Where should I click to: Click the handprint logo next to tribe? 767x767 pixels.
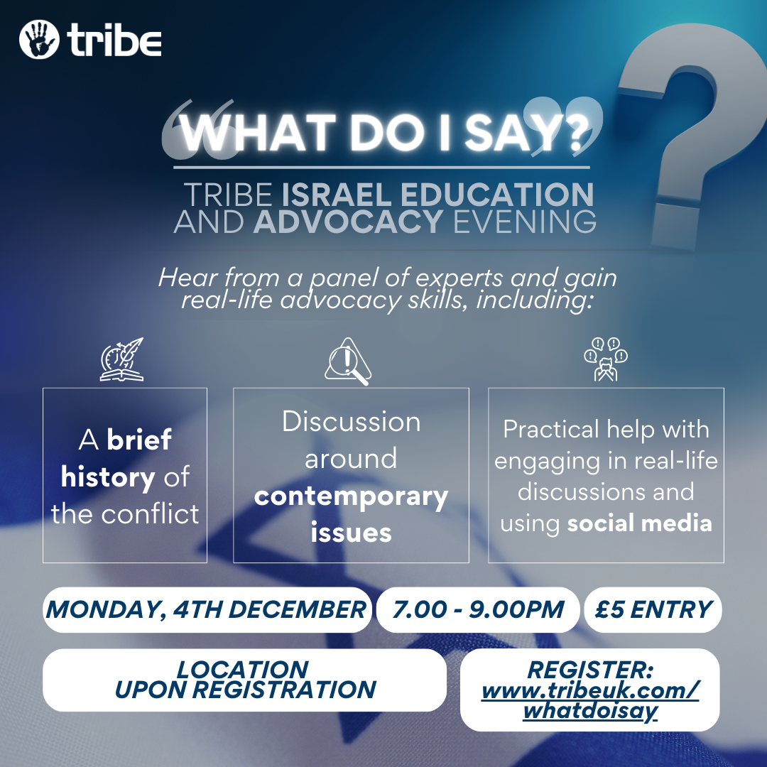(x=39, y=40)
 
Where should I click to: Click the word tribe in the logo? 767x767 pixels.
(x=114, y=40)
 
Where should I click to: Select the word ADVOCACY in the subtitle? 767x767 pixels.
(x=348, y=222)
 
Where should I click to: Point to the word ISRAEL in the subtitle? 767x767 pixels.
(x=337, y=195)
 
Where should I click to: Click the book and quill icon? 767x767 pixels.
(x=122, y=359)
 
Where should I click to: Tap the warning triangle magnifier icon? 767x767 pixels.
(x=348, y=361)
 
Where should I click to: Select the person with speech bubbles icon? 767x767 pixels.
(x=606, y=359)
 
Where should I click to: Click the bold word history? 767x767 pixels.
(x=108, y=477)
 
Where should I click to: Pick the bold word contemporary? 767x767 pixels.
(x=352, y=497)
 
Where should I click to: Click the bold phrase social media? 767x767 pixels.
(x=639, y=523)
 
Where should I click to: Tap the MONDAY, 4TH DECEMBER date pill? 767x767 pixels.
(x=207, y=609)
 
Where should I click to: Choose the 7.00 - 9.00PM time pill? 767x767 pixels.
(x=478, y=609)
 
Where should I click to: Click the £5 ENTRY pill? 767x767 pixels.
(x=653, y=609)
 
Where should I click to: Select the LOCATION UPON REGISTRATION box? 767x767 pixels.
(x=244, y=680)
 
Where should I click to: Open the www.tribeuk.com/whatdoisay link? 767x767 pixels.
(x=590, y=700)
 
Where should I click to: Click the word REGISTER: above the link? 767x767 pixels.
(x=590, y=670)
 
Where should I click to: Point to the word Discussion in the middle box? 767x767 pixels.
(x=352, y=422)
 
